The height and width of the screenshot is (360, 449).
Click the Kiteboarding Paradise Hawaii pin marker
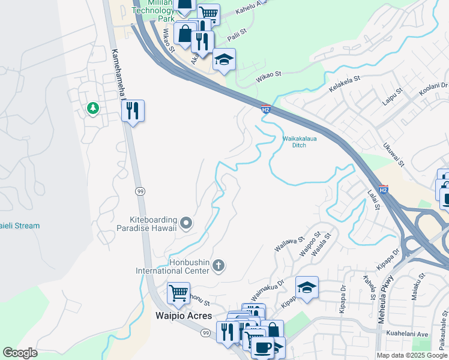point(186,224)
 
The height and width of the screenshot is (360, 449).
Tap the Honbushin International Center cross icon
point(219,265)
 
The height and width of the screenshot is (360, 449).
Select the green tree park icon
point(92,108)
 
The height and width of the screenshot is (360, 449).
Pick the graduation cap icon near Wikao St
point(224,59)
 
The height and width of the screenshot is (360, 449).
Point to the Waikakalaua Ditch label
point(299,142)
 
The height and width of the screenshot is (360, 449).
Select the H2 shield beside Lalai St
point(384,188)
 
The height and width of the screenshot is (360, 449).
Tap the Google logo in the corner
point(20,353)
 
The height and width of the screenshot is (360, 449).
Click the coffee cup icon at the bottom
point(262,347)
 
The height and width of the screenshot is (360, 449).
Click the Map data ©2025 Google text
point(411,355)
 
